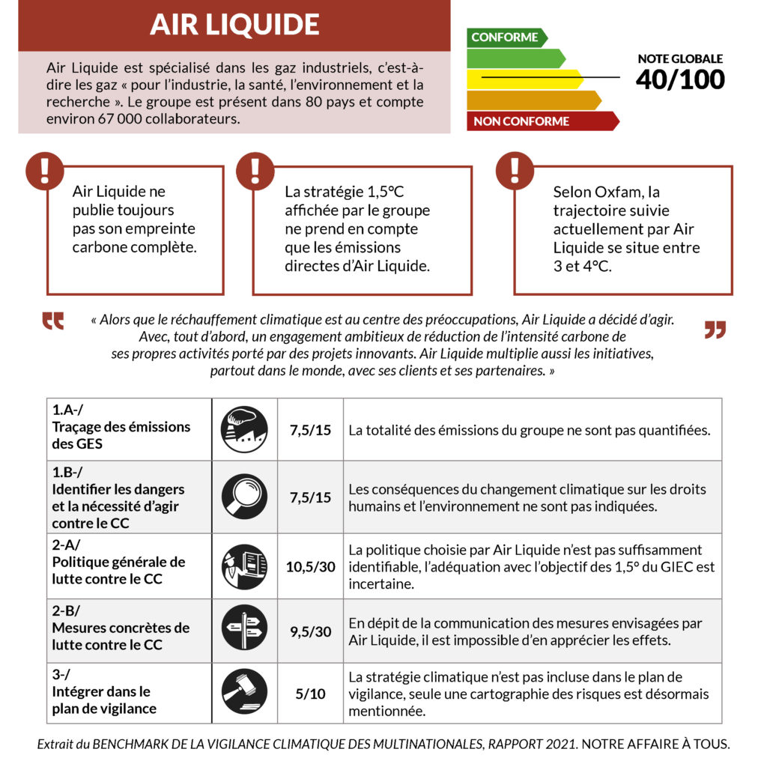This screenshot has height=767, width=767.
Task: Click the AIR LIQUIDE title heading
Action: pyautogui.click(x=234, y=25)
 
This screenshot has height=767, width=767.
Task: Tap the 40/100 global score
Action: pyautogui.click(x=680, y=79)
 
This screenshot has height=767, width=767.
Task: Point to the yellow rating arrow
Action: pyautogui.click(x=524, y=79)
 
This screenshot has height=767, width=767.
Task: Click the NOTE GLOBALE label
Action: pyautogui.click(x=680, y=58)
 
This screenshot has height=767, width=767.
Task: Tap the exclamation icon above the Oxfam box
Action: pyautogui.click(x=515, y=171)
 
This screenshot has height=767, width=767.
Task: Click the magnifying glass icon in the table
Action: pyautogui.click(x=244, y=497)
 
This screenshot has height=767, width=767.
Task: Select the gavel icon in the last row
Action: pyautogui.click(x=244, y=692)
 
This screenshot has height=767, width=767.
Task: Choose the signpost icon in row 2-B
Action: pyautogui.click(x=244, y=630)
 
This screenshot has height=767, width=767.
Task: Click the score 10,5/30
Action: pyautogui.click(x=310, y=566)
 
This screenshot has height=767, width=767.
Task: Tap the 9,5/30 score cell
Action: pyautogui.click(x=310, y=631)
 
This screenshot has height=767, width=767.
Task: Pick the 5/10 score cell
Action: pyautogui.click(x=310, y=694)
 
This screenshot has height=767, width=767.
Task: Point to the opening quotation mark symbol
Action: pyautogui.click(x=52, y=321)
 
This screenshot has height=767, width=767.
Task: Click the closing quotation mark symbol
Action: pyautogui.click(x=715, y=330)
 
